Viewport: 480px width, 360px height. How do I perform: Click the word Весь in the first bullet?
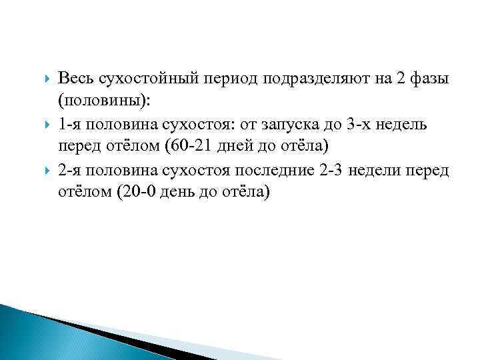coord(75,79)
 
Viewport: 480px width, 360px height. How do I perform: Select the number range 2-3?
coord(331,169)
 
